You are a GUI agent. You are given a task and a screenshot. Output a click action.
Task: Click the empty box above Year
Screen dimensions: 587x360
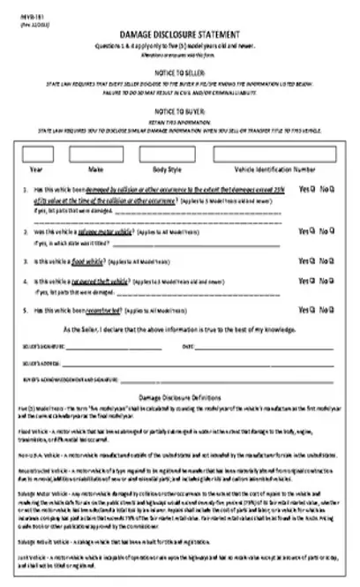[37, 152]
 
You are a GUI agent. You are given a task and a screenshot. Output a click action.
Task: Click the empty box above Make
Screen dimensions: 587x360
[94, 152]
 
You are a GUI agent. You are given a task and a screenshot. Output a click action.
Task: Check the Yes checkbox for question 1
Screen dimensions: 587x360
[313, 189]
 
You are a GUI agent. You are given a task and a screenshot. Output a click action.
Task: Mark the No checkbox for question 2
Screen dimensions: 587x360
[334, 230]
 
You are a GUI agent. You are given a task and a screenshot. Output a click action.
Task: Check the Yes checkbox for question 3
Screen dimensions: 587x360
[313, 261]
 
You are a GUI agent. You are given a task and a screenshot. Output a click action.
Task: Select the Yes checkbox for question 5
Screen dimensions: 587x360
[313, 311]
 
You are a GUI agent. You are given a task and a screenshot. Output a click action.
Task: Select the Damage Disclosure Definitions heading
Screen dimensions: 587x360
[182, 399]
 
